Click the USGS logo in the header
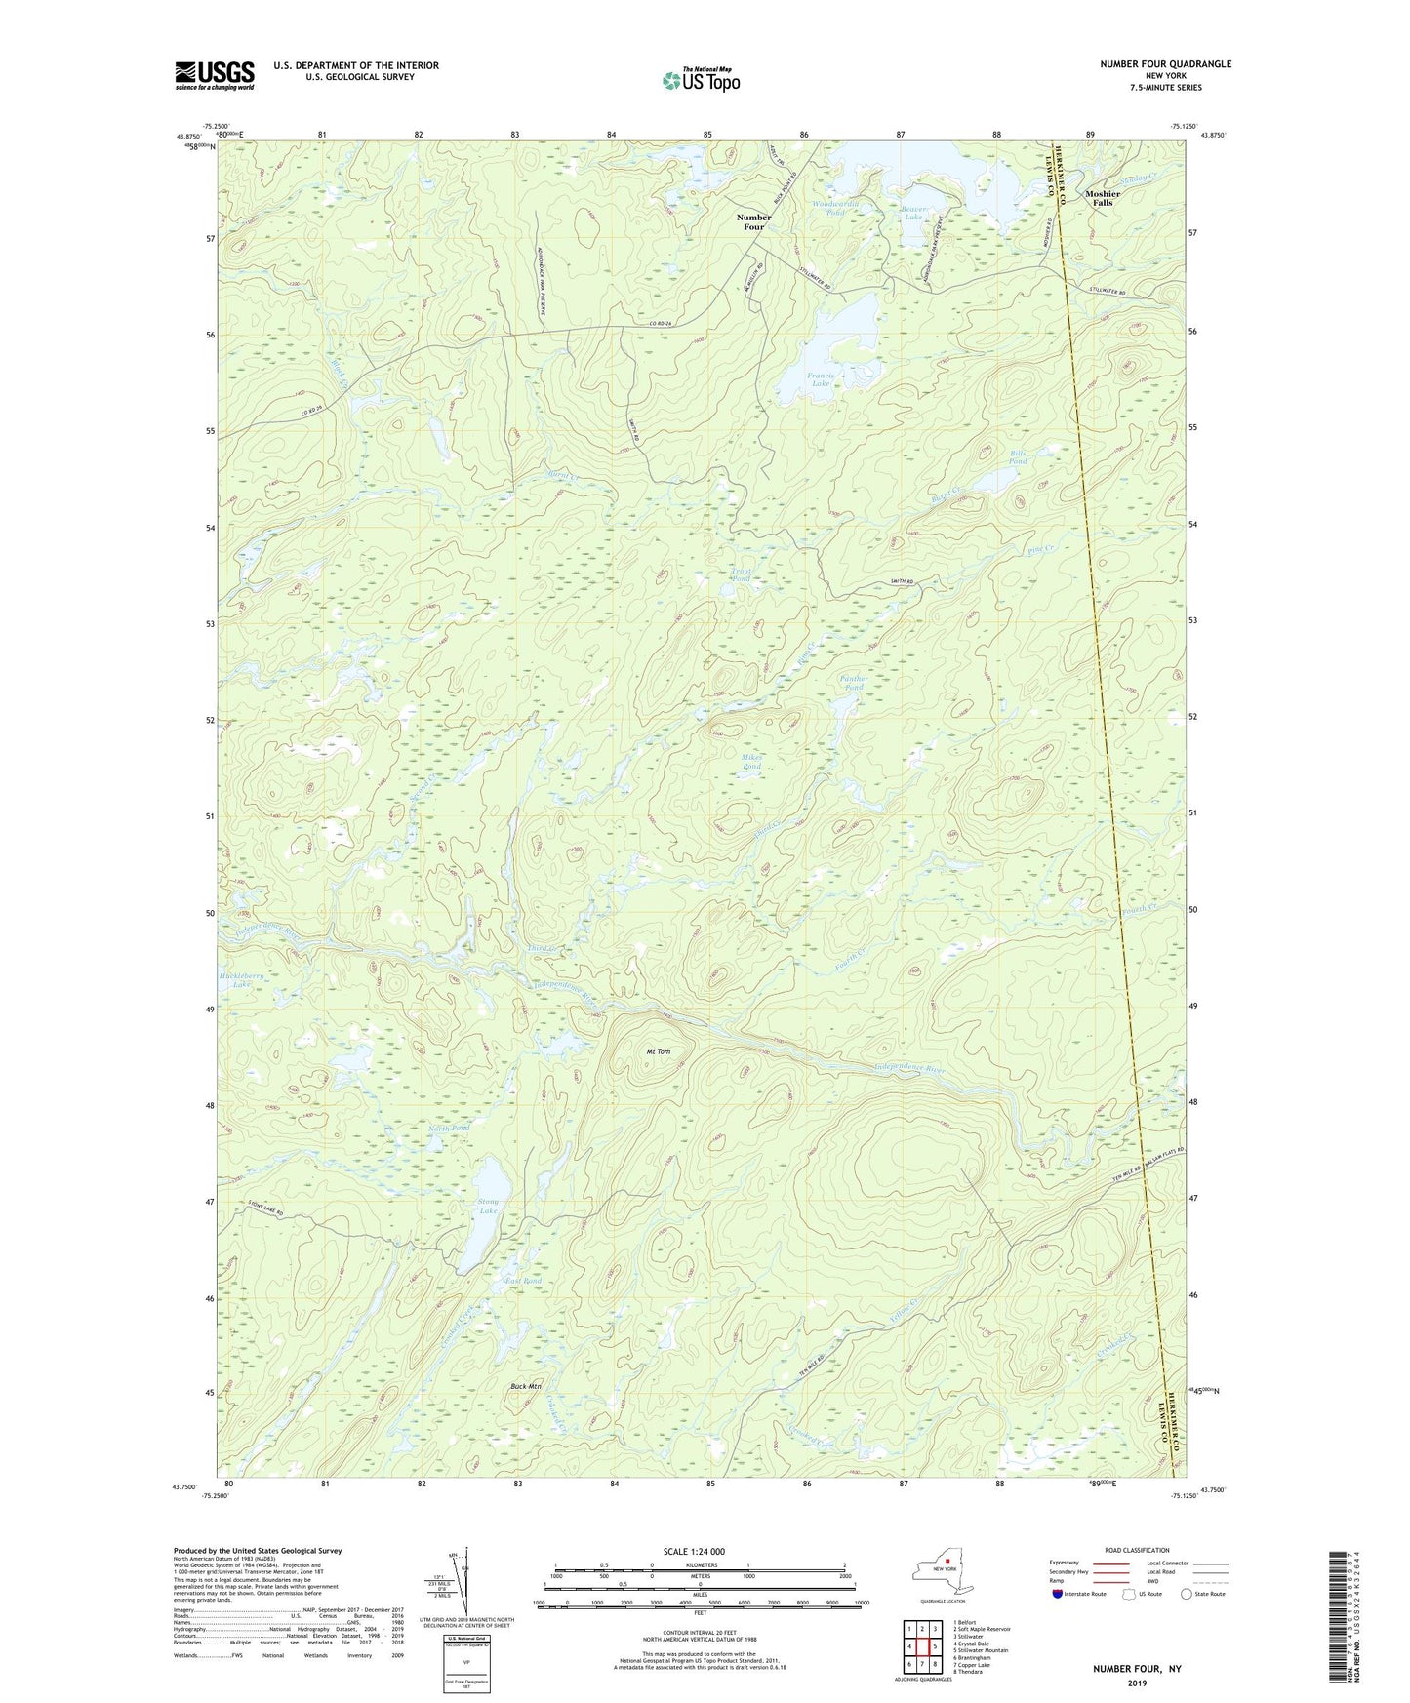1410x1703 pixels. [215, 75]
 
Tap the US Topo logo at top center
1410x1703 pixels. [700, 80]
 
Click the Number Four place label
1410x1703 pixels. [753, 222]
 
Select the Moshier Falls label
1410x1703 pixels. [1103, 198]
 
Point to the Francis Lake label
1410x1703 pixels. [820, 379]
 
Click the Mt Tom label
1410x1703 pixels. [659, 1051]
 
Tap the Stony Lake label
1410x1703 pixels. [489, 1207]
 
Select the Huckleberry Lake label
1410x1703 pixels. [241, 980]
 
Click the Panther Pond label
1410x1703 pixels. [853, 683]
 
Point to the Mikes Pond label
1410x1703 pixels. [751, 762]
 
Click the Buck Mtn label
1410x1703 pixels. [526, 1386]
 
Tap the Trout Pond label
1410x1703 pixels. [742, 574]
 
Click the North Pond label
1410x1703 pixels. [450, 1129]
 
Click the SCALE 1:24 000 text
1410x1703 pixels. [694, 1551]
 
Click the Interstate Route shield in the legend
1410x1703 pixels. [1058, 1594]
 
